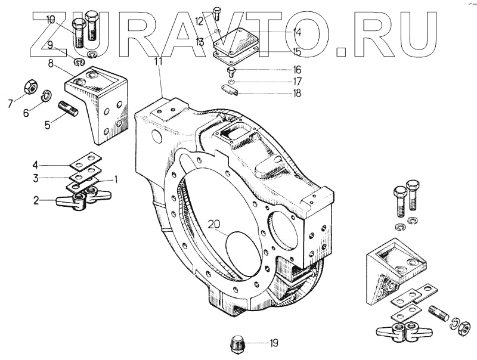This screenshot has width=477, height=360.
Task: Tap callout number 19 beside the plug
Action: pos(274,343)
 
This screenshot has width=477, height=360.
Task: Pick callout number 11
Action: pos(158,61)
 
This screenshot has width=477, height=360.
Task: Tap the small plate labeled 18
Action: pos(229,91)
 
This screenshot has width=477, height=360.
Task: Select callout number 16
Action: pos(297,70)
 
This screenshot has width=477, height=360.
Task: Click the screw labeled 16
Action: pos(231,71)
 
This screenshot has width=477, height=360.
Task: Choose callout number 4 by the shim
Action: pos(52,165)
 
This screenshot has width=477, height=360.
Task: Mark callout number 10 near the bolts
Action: pos(51,20)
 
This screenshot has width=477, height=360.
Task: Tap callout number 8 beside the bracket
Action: pos(52,62)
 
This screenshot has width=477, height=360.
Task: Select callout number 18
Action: pos(297,93)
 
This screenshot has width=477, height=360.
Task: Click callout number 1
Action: pos(117,178)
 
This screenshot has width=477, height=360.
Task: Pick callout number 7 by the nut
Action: pos(10,104)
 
